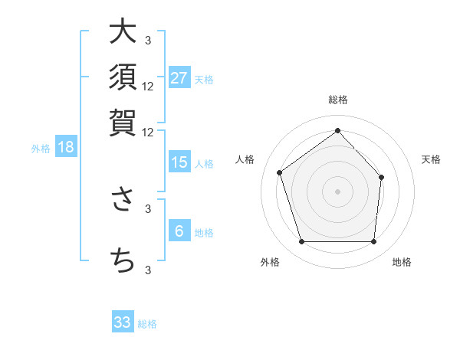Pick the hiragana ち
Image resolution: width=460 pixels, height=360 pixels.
pos(123,260)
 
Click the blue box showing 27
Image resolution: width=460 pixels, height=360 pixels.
pos(179,78)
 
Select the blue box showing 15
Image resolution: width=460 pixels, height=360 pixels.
pos(179,162)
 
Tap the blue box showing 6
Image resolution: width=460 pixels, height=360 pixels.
pos(179,232)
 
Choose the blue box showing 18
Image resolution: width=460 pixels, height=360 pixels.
pos(66,148)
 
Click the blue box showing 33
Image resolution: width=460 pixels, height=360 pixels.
pos(123,322)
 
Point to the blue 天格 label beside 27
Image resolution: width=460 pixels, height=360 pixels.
pos(204,79)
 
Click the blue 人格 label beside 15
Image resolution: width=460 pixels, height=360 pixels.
pos(204,163)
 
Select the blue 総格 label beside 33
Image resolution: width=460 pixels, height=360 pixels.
pos(147,324)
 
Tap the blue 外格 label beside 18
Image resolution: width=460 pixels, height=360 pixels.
pos(41,149)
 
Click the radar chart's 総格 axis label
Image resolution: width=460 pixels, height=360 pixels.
pos(337,100)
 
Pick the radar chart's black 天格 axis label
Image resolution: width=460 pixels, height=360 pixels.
pos(432,159)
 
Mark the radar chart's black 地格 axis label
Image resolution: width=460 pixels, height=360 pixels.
pos(402,262)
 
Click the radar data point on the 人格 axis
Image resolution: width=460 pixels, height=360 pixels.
pos(280,172)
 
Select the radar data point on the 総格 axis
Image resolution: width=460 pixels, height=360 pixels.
pos(337,130)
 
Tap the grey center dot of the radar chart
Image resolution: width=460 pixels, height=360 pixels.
pos(337,191)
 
